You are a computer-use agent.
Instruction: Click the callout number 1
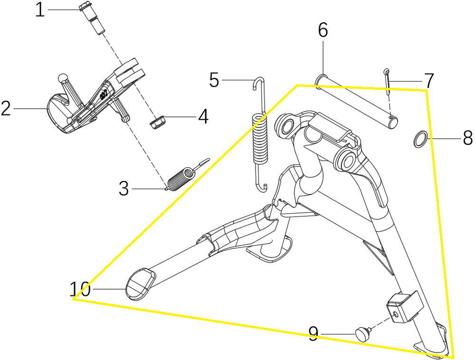tap(40, 9)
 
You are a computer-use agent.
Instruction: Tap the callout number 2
tap(6, 109)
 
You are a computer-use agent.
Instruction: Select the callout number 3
tap(124, 189)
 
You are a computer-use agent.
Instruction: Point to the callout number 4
tap(203, 116)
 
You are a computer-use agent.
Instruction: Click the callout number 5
tap(214, 80)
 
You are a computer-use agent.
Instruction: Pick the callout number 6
tap(323, 30)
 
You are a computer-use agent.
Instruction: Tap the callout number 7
tap(428, 80)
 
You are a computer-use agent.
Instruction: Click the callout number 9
tap(313, 334)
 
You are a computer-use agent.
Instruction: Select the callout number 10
tap(80, 288)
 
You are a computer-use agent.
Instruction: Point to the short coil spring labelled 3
tap(181, 176)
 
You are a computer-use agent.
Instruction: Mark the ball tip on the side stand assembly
tap(63, 77)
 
